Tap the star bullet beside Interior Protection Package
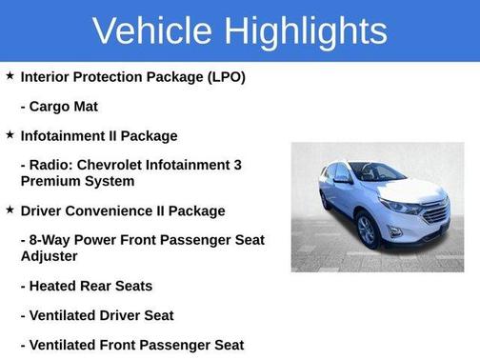point(10,75)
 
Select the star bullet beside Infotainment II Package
point(10,135)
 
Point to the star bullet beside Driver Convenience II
point(10,210)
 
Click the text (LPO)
point(224,76)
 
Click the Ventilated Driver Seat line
point(96,315)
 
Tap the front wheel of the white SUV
point(367,230)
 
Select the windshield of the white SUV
point(377,173)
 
